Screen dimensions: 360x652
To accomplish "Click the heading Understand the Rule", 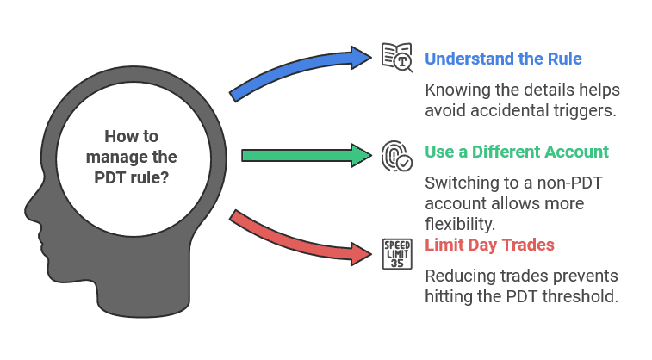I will pos(503,59).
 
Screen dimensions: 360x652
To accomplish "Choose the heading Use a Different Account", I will pos(517,152).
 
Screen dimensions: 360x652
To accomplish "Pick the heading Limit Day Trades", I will pos(489,245).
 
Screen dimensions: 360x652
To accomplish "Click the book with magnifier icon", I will pos(397,57).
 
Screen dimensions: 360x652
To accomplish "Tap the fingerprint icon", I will pos(397,155).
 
